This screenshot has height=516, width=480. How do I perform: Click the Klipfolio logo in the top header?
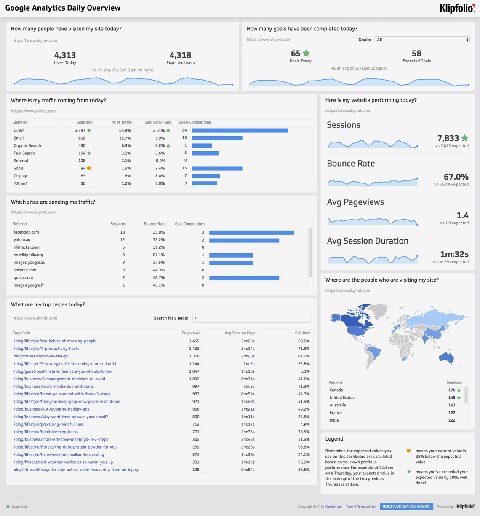(457, 8)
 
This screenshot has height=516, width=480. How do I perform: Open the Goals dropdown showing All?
(421, 40)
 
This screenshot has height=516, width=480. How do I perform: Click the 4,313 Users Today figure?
(65, 55)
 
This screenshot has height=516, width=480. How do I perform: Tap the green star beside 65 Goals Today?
(306, 53)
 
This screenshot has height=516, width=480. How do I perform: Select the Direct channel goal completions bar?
(240, 131)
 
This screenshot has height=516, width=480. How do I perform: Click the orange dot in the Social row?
(89, 168)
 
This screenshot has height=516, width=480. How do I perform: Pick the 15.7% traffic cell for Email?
(125, 138)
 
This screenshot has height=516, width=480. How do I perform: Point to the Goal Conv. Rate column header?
(158, 122)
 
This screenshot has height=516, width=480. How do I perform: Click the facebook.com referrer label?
(26, 232)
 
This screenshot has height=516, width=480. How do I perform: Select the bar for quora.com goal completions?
(244, 278)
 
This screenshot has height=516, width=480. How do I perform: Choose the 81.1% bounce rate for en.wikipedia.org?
(159, 255)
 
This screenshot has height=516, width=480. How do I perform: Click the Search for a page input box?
(251, 318)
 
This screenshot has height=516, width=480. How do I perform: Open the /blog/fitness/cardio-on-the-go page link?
(41, 356)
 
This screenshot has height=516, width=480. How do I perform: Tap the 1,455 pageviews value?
(194, 341)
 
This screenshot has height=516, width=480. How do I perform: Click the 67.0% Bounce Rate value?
(456, 177)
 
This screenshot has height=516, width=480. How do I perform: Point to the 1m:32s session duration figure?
(454, 254)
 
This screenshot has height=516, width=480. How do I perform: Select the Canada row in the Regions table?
(336, 390)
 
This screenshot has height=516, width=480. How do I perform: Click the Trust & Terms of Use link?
(361, 507)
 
